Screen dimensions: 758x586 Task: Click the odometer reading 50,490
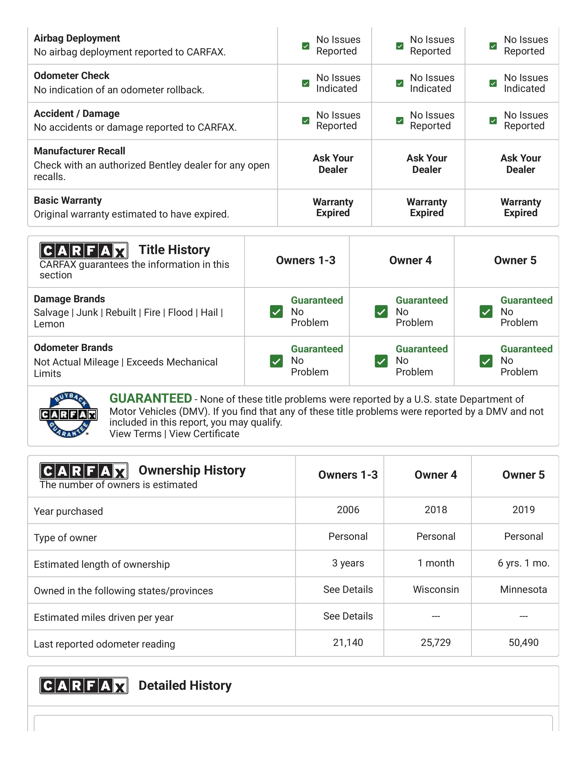point(523,642)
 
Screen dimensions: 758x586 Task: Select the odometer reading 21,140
point(348,642)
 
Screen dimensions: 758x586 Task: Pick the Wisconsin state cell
point(436,589)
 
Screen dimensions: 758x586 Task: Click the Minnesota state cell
point(523,589)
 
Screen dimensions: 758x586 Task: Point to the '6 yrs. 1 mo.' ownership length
point(523,563)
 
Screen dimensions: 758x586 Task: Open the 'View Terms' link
point(135,434)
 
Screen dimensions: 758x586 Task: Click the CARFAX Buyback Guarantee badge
point(68,415)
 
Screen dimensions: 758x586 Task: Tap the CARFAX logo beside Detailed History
point(84,685)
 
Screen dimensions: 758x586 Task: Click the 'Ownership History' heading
point(192,470)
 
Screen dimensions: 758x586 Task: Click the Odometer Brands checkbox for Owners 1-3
point(276,361)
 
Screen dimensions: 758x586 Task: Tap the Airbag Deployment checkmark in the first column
point(305,46)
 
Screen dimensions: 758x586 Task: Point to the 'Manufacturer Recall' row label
point(80,151)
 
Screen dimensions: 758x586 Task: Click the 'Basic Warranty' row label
point(68,200)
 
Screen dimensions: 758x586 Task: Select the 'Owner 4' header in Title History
point(410,260)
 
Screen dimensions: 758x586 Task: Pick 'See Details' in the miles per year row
point(348,616)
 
